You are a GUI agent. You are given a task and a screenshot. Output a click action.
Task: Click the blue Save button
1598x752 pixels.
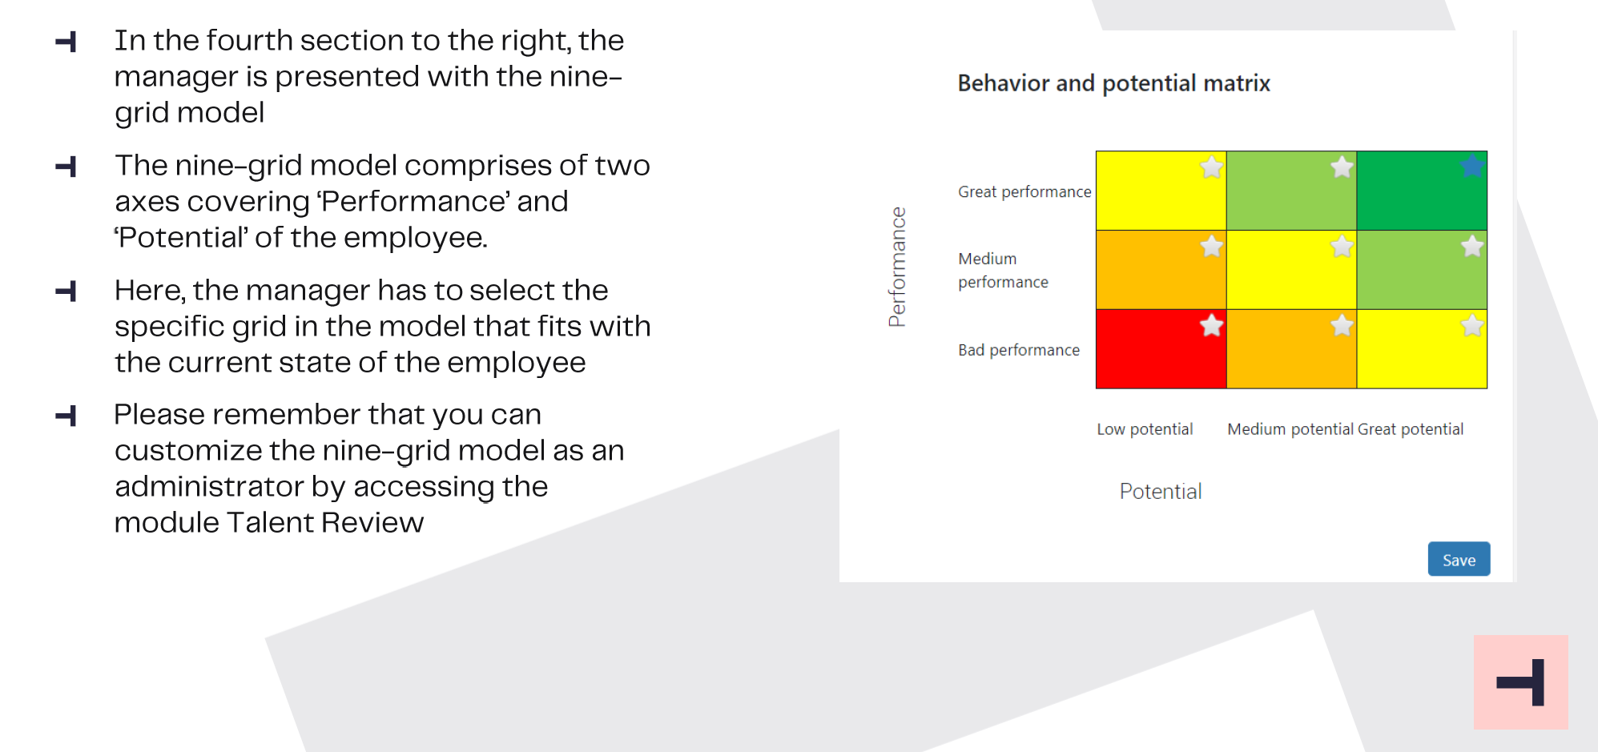pyautogui.click(x=1459, y=559)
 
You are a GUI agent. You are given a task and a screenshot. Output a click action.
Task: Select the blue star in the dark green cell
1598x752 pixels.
pyautogui.click(x=1471, y=167)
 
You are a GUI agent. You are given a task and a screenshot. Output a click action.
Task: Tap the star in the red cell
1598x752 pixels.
pyautogui.click(x=1211, y=325)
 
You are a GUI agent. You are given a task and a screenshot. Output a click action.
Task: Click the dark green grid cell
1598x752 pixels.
pyautogui.click(x=1422, y=191)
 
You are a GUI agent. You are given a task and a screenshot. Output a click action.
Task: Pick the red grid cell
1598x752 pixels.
pyautogui.click(x=1161, y=349)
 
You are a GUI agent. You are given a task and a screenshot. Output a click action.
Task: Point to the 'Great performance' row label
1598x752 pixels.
pyautogui.click(x=1024, y=192)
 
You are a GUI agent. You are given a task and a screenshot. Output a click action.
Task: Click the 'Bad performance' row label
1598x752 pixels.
pyautogui.click(x=1019, y=350)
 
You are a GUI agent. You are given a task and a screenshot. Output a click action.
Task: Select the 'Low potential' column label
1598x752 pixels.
pyautogui.click(x=1145, y=429)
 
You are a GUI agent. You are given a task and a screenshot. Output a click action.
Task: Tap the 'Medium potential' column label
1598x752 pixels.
pyautogui.click(x=1290, y=429)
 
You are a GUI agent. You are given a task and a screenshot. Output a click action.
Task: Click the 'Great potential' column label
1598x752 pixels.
pyautogui.click(x=1411, y=429)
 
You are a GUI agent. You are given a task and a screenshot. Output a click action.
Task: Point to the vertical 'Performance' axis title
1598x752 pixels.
pyautogui.click(x=897, y=267)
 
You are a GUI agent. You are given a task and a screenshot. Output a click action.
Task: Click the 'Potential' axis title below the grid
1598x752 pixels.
pyautogui.click(x=1161, y=491)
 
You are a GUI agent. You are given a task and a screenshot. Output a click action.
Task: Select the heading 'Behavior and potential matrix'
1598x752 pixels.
pyautogui.click(x=1114, y=83)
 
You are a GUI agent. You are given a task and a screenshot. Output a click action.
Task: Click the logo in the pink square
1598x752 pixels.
pyautogui.click(x=1520, y=682)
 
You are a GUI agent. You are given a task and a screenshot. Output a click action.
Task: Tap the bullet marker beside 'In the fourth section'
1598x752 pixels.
pyautogui.click(x=66, y=42)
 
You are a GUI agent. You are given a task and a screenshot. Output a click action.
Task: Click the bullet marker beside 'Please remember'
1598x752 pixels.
pyautogui.click(x=66, y=416)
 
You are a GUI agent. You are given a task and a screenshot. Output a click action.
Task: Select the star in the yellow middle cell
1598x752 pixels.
pyautogui.click(x=1342, y=246)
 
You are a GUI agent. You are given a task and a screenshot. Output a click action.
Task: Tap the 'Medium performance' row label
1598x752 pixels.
pyautogui.click(x=1003, y=270)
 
